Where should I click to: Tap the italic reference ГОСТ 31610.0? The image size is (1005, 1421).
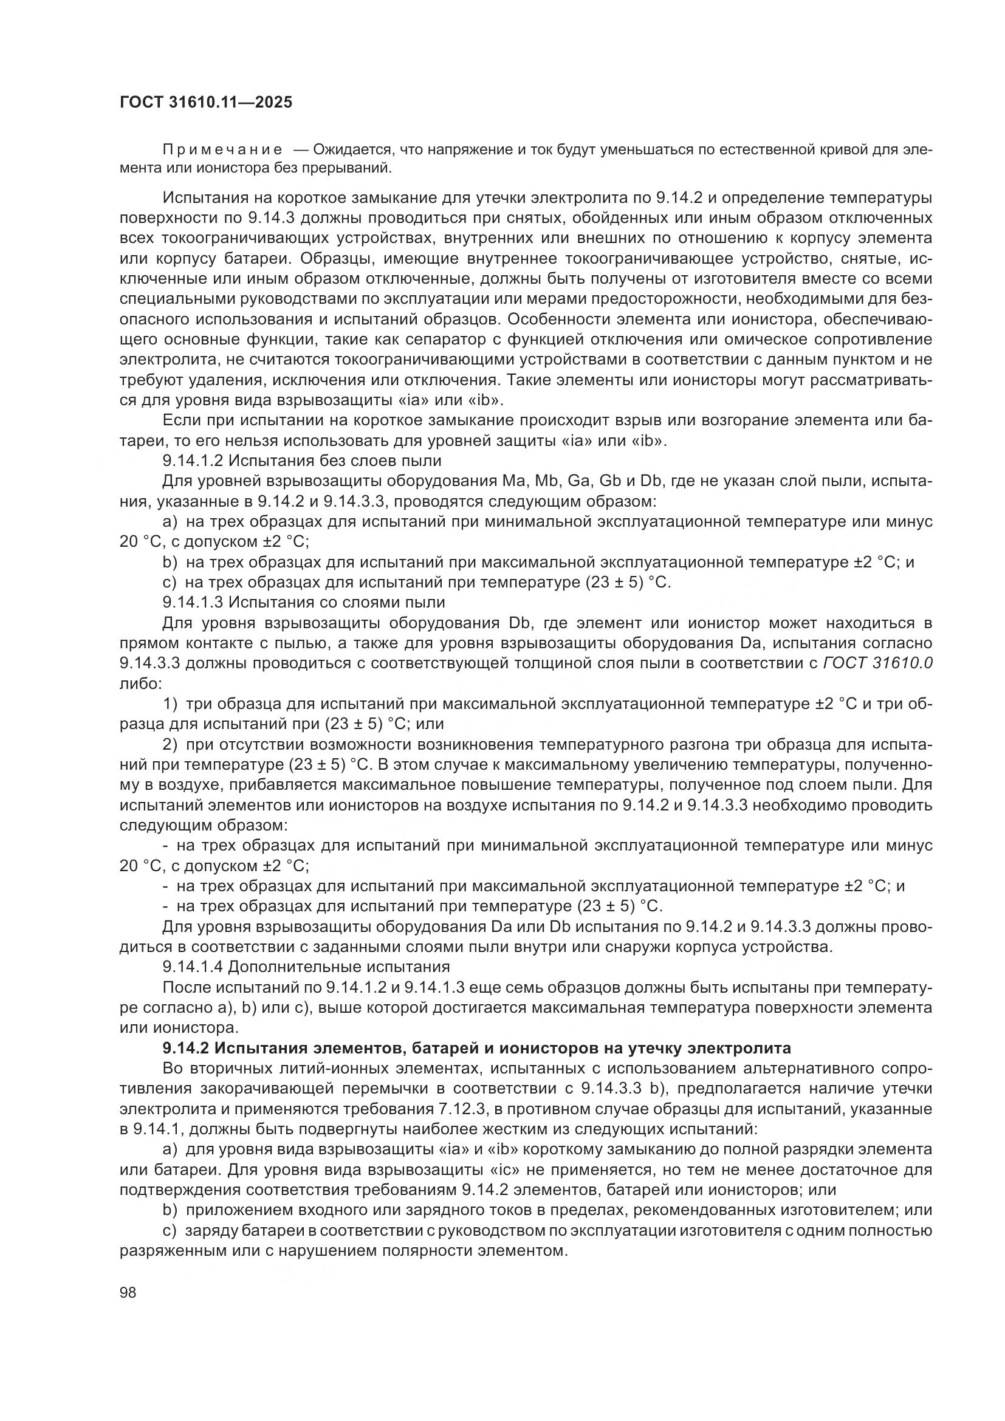[878, 663]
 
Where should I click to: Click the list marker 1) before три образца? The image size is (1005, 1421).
[170, 704]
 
